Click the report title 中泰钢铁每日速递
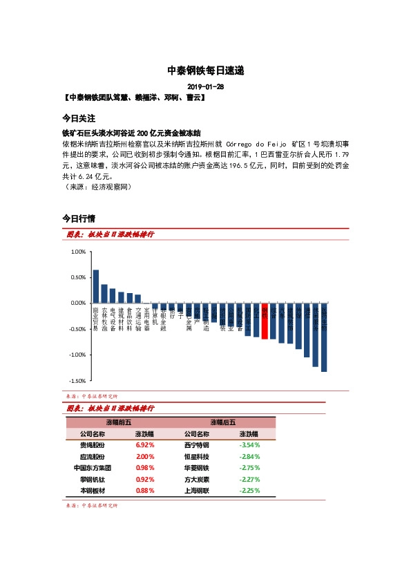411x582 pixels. [205, 71]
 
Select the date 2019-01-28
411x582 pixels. [205, 87]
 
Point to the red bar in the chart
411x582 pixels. [265, 321]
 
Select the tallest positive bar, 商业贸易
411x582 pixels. [96, 286]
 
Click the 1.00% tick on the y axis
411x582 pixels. [78, 252]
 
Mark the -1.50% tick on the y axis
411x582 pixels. [77, 381]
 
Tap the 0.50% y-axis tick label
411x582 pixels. [78, 278]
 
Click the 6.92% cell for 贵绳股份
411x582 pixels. [144, 445]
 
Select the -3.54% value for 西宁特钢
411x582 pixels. [249, 445]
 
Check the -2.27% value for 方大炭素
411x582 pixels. [249, 479]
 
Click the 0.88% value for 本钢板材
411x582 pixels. [144, 491]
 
